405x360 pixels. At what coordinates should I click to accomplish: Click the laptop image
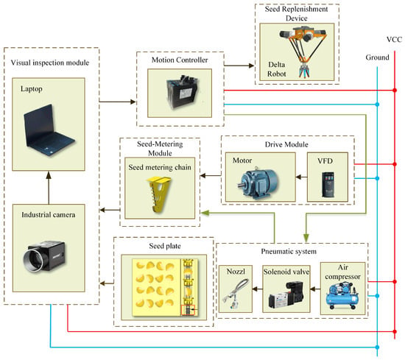pos(49,130)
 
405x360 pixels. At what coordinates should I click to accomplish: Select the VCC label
pos(394,40)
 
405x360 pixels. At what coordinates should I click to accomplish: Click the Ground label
pos(377,57)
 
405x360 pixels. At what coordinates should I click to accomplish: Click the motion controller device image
pos(182,92)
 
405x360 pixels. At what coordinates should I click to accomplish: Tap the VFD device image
pos(328,185)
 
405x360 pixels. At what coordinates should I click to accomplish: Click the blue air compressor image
pos(342,296)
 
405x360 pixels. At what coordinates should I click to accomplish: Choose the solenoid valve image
pos(286,295)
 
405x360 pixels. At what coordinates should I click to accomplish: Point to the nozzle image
pos(236,294)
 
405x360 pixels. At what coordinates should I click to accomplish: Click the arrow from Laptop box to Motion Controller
pos(118,102)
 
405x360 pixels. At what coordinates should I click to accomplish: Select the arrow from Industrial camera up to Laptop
pos(49,188)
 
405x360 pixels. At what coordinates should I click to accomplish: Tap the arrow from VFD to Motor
pos(301,177)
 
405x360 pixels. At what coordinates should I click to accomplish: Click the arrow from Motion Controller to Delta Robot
pos(239,66)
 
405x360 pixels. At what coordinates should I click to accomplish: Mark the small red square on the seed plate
pos(188,310)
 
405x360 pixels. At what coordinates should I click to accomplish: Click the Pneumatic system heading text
pos(289,251)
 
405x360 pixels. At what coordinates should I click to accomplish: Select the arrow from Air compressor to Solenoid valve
pos(315,289)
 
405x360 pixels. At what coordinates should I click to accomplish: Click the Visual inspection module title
pos(50,63)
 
